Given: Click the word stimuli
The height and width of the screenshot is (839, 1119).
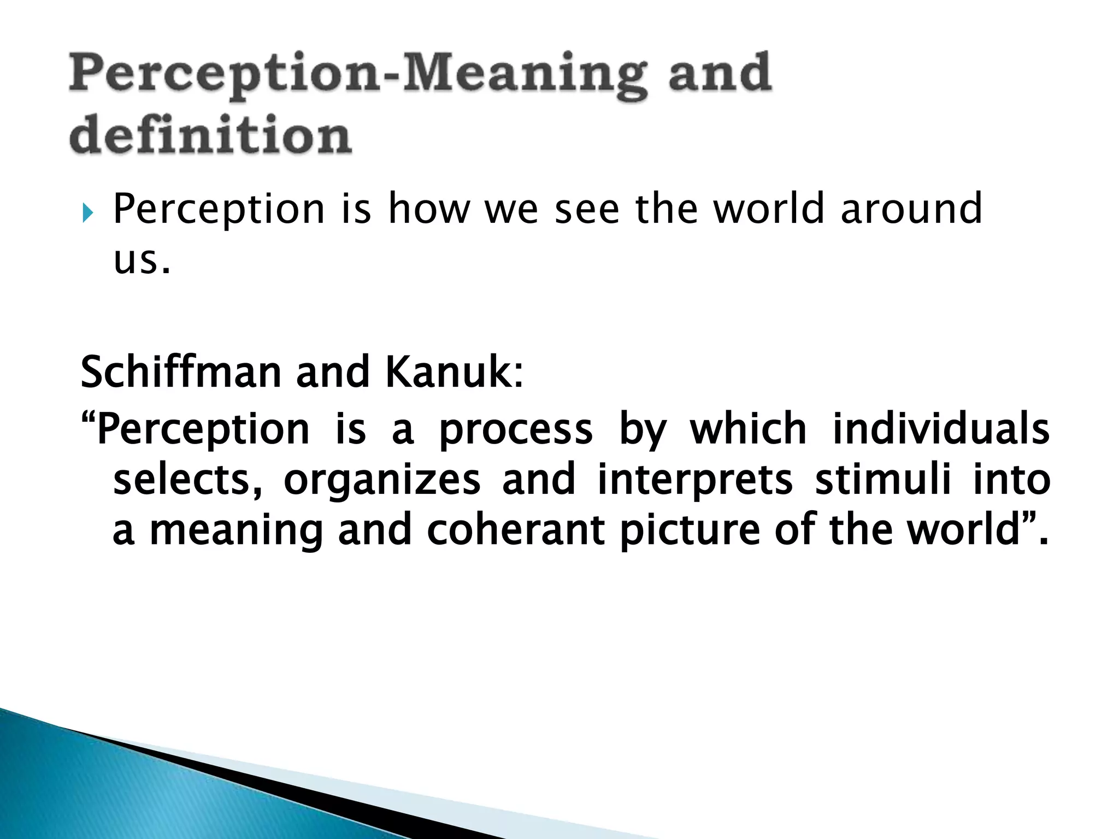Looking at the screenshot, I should click(883, 480).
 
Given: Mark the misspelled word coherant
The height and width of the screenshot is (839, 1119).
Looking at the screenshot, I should click(515, 530).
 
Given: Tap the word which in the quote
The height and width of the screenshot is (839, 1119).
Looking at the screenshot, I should click(748, 428).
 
